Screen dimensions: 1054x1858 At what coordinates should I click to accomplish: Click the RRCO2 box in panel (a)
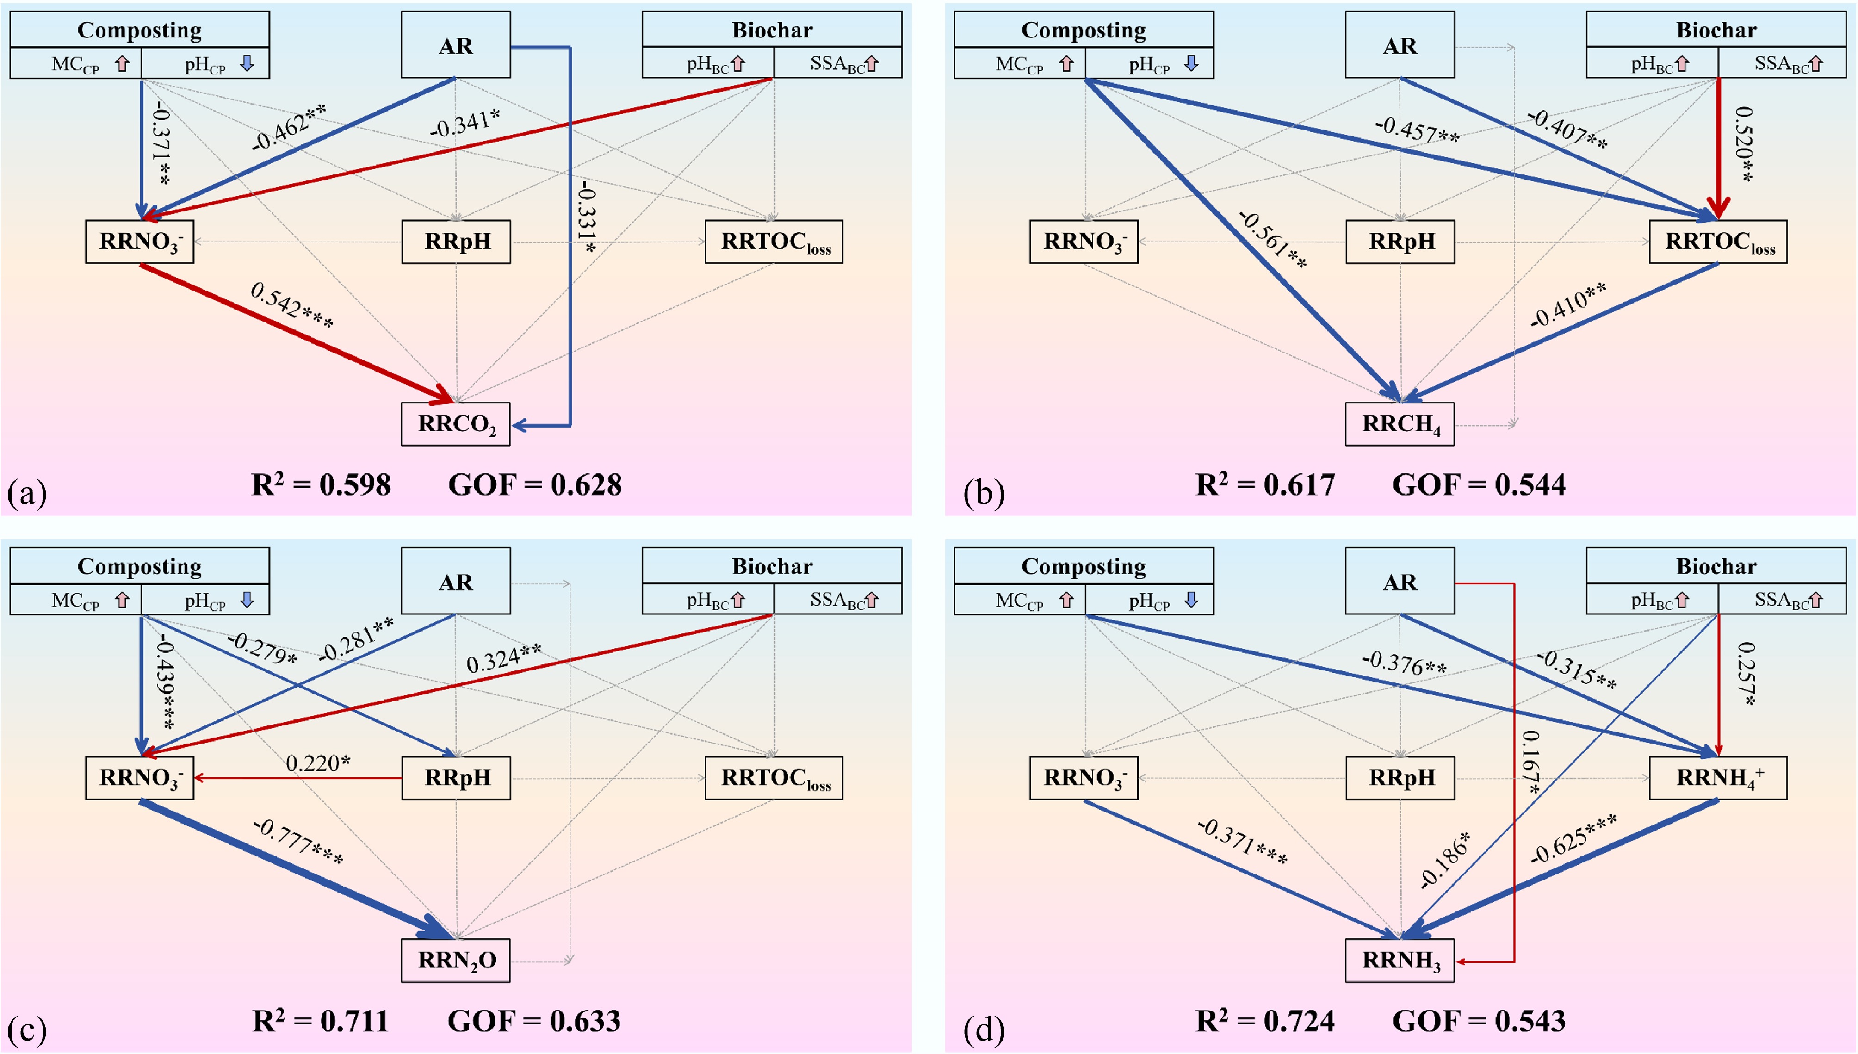coord(456,424)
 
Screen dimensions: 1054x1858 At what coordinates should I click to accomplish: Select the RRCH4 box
coord(1400,424)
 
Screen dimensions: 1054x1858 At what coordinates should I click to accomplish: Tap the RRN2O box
coord(456,961)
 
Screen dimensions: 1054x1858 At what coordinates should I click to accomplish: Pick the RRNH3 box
coord(1400,961)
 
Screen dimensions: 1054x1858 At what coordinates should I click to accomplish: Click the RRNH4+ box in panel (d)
coord(1717,778)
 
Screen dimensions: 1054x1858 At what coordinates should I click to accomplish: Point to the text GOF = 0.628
coord(535,485)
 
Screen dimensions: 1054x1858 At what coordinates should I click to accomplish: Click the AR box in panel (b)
coord(1400,45)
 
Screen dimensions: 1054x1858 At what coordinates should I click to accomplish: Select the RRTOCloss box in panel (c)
coord(774,778)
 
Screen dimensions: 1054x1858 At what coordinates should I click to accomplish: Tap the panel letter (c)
coord(27,1028)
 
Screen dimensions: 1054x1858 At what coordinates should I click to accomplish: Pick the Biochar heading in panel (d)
coord(1716,566)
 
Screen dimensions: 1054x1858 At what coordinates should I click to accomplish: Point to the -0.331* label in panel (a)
coord(588,217)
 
